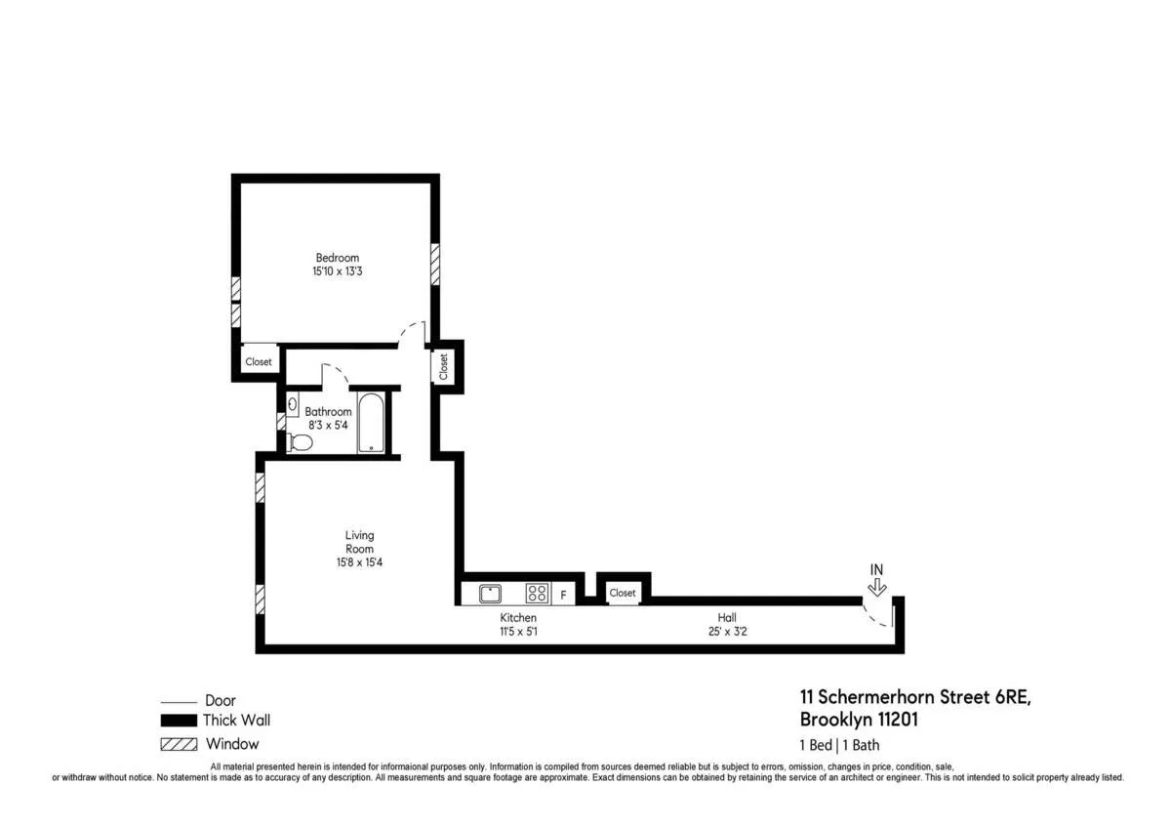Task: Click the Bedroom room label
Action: click(x=337, y=258)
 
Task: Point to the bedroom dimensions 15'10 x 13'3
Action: click(x=337, y=271)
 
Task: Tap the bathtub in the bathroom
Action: click(x=371, y=422)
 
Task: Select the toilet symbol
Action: click(x=301, y=442)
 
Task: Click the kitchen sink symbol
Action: click(x=490, y=593)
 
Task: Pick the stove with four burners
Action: click(x=537, y=593)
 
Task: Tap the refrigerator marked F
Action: click(x=562, y=594)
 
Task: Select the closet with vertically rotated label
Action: click(x=443, y=366)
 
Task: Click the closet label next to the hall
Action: click(x=623, y=593)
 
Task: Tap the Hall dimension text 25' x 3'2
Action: click(x=727, y=631)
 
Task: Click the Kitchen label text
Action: click(x=518, y=618)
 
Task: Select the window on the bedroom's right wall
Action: click(x=435, y=264)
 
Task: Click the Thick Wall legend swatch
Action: click(x=178, y=721)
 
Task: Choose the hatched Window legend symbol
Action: click(x=178, y=744)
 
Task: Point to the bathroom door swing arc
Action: click(x=336, y=371)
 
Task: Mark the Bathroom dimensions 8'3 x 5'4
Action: click(x=328, y=427)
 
